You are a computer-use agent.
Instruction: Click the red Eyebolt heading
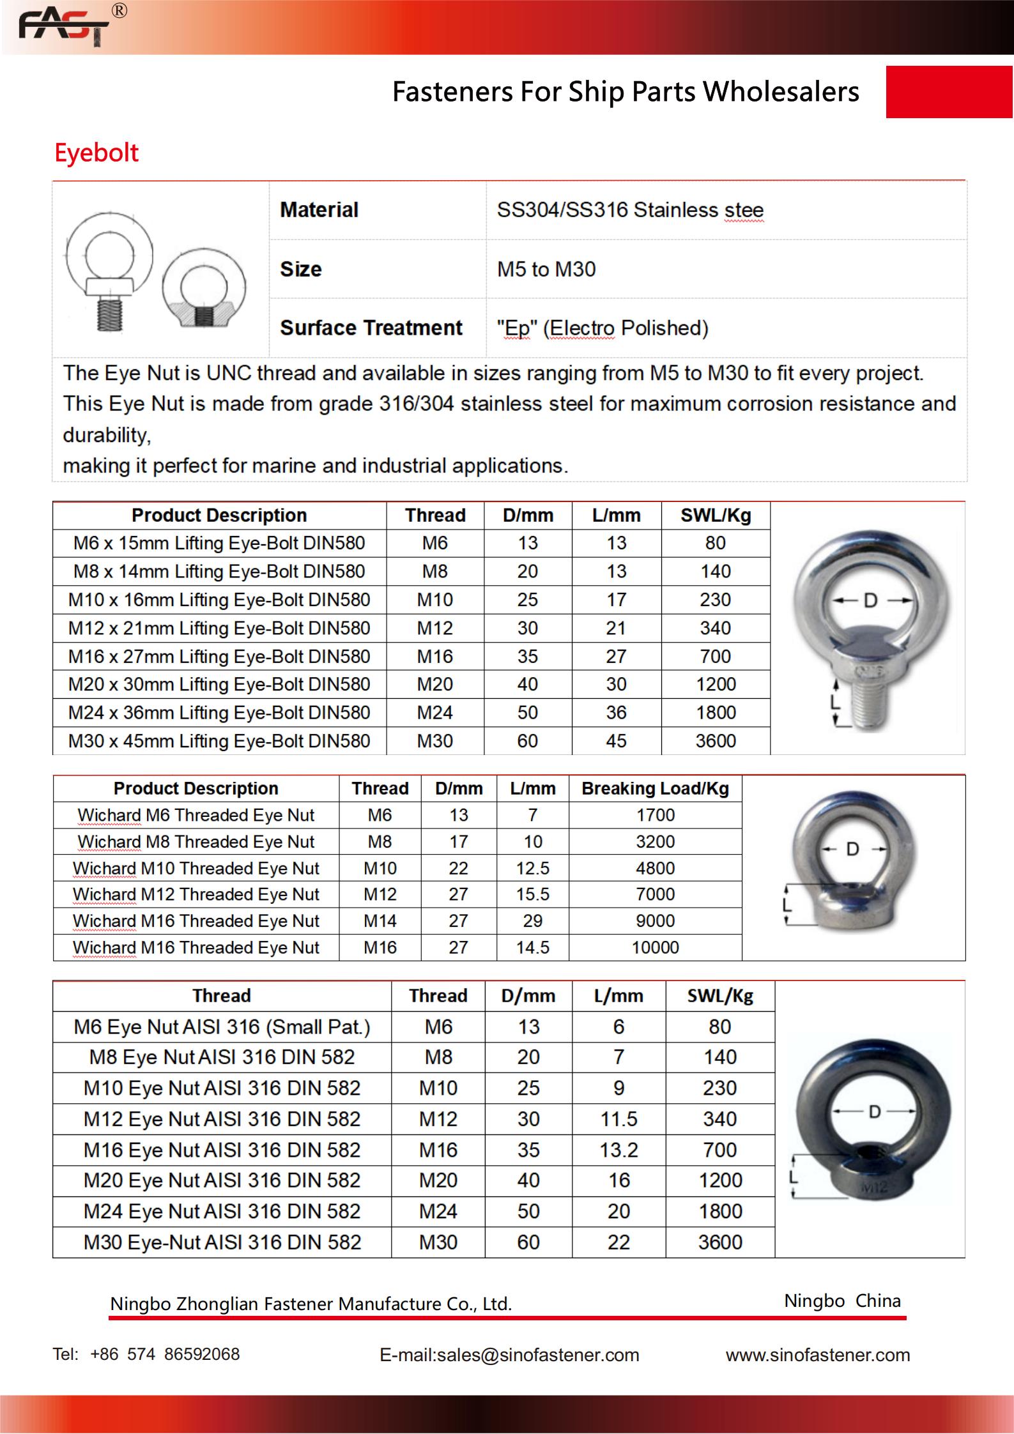(96, 153)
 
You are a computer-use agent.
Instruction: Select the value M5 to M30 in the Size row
(546, 269)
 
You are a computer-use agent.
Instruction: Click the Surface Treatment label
(371, 328)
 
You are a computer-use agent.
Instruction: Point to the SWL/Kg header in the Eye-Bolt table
(715, 515)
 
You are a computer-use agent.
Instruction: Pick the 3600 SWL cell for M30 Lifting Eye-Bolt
(715, 741)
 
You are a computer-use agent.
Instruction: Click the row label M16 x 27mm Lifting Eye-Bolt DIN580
(219, 657)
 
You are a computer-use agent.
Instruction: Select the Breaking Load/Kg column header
(655, 788)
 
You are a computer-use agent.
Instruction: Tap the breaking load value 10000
(655, 948)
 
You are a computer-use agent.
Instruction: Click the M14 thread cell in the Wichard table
(380, 921)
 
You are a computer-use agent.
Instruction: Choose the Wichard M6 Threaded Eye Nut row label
(196, 815)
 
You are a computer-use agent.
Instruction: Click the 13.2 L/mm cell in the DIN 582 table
(618, 1150)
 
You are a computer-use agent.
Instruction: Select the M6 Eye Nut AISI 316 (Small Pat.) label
(222, 1027)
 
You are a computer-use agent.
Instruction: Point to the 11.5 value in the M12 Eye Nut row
(618, 1119)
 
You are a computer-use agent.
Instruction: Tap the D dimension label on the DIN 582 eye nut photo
(875, 1112)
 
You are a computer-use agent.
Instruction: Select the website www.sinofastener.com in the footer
(817, 1355)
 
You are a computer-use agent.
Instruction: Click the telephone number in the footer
(165, 1354)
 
